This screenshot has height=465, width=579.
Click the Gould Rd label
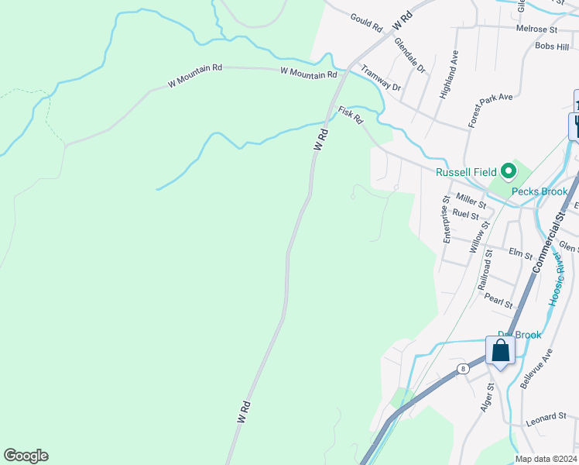[x=366, y=22]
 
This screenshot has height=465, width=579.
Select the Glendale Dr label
[x=410, y=55]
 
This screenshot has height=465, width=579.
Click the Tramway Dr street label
[x=381, y=77]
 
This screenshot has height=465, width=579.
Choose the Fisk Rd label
[x=351, y=115]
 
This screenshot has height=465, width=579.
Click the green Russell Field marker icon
[x=508, y=170]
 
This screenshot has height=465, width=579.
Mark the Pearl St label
[x=498, y=300]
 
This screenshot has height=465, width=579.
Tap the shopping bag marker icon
[x=501, y=351]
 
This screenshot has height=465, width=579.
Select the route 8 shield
[x=462, y=369]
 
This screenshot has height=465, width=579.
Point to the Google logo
[x=26, y=456]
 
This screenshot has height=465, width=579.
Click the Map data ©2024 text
[x=546, y=458]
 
